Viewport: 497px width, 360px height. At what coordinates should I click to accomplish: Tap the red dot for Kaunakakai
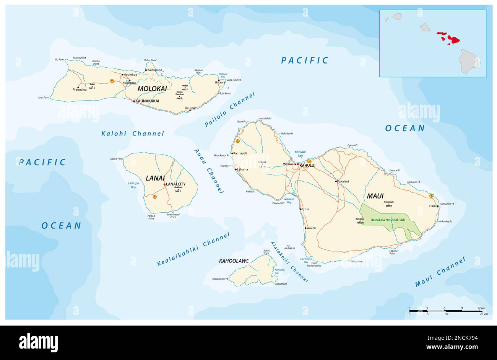134,101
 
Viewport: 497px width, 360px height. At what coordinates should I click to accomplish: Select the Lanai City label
176,184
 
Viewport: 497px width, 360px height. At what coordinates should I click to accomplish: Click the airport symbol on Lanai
155,197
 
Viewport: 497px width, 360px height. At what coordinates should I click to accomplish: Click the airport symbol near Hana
431,196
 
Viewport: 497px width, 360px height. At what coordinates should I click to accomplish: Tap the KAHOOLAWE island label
234,261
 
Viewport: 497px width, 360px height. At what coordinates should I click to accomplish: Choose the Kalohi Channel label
133,134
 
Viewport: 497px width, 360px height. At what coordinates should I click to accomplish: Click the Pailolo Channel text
229,109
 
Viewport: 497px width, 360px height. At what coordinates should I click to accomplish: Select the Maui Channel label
440,272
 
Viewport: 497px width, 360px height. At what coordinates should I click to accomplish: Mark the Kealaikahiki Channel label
193,249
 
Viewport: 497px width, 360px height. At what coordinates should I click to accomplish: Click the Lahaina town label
242,169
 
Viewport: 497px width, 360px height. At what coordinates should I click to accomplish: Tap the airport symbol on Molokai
112,81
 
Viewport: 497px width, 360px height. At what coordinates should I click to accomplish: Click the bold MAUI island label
375,196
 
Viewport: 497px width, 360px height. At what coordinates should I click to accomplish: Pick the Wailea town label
311,228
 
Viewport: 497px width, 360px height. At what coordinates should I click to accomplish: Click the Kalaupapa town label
155,70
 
